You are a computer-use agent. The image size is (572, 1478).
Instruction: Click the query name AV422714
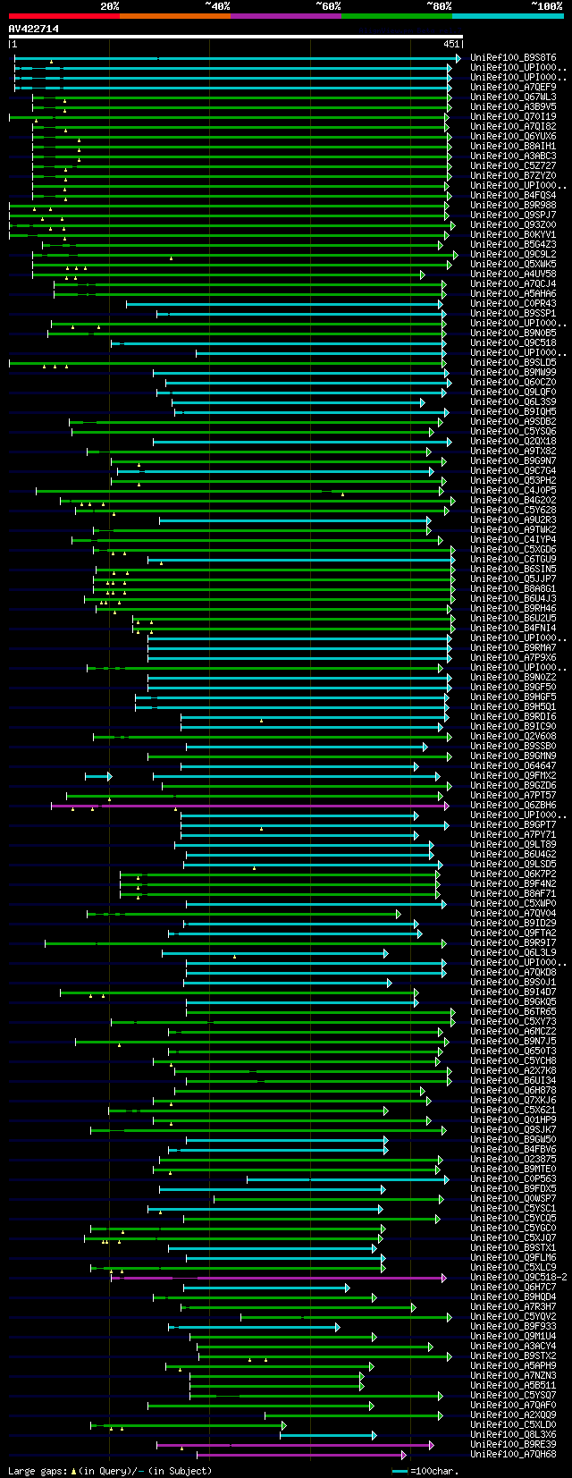click(34, 29)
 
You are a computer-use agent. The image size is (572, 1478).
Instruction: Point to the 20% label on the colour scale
click(109, 5)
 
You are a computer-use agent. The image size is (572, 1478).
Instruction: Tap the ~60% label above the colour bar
click(328, 5)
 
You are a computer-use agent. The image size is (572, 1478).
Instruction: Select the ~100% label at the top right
click(546, 5)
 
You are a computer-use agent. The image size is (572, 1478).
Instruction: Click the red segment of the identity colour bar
click(63, 16)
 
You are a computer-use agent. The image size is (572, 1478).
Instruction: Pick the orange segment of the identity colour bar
click(174, 16)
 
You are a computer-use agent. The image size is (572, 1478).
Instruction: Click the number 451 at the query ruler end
click(451, 44)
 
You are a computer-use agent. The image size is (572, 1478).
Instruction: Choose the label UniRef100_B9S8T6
click(513, 58)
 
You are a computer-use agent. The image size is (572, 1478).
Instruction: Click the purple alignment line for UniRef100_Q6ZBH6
click(268, 806)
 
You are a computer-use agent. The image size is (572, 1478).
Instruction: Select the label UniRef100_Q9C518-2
click(518, 1278)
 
